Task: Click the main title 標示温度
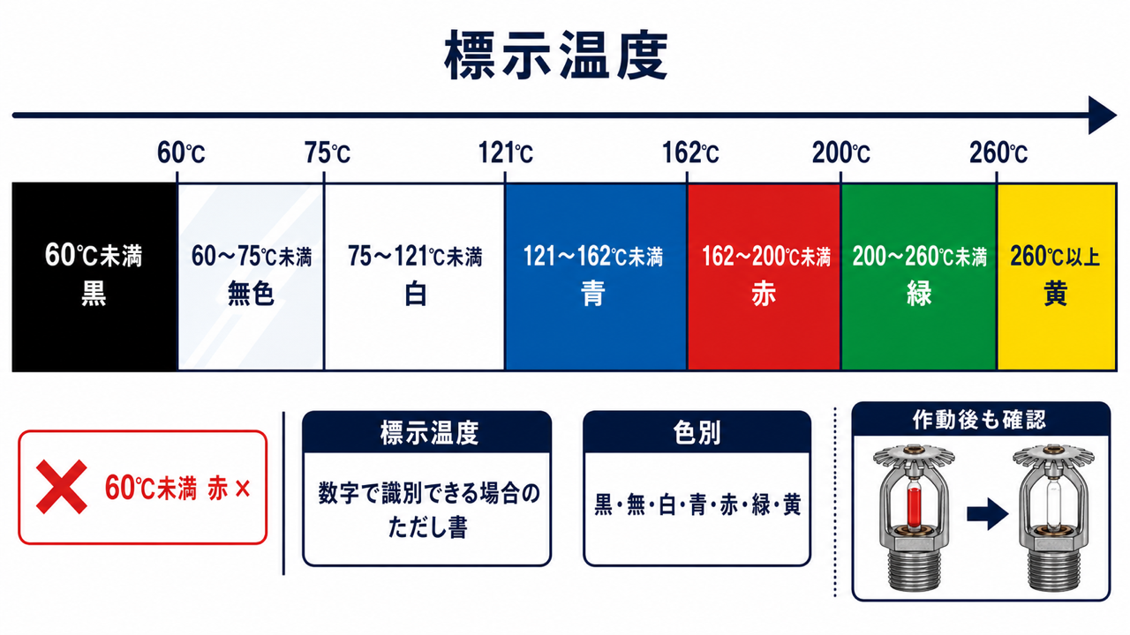click(x=556, y=55)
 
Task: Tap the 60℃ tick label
click(x=181, y=153)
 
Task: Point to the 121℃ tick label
click(x=506, y=153)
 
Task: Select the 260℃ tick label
click(x=998, y=153)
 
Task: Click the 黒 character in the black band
click(x=94, y=294)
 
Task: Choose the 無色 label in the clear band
click(x=251, y=294)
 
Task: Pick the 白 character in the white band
click(x=415, y=294)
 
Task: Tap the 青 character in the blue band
click(x=592, y=294)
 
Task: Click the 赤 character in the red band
click(x=764, y=294)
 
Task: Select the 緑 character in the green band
click(x=919, y=294)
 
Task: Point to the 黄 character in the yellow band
click(x=1055, y=294)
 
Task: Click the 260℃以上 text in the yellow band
click(x=1055, y=256)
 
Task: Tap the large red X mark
click(x=62, y=487)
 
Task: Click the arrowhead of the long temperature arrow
click(x=1103, y=115)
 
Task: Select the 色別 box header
click(x=697, y=433)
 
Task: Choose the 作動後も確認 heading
click(x=979, y=420)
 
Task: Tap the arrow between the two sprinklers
click(x=987, y=514)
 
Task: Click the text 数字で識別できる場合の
click(x=429, y=493)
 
